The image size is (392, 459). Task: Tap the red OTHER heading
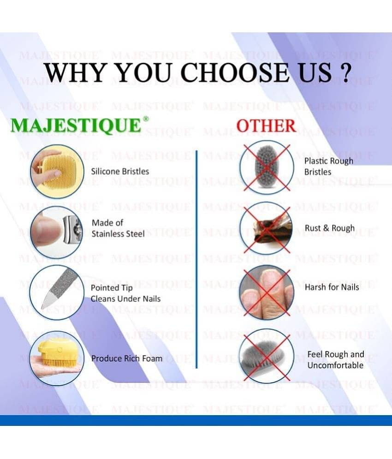[x=266, y=125]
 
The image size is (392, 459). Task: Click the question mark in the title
[x=343, y=72]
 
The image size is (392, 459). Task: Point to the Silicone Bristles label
[x=120, y=171]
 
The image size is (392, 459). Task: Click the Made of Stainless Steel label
[x=118, y=228]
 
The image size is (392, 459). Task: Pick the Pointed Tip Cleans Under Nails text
[x=125, y=293]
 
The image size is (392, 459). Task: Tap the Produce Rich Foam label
[x=127, y=358]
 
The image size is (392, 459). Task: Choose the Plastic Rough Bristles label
[x=328, y=167]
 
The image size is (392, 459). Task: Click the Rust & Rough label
[x=330, y=228]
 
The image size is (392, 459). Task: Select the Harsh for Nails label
[x=332, y=287]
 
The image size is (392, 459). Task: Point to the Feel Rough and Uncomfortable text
[x=336, y=360]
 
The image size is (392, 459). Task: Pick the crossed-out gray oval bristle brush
[x=266, y=167]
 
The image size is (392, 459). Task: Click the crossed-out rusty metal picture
[x=266, y=228]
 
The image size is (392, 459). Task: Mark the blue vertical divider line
[x=197, y=258]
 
